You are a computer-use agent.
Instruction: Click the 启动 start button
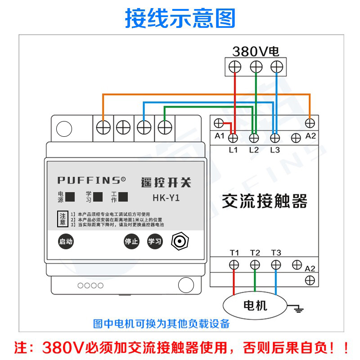tap(66, 241)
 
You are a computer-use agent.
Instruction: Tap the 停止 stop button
tap(131, 241)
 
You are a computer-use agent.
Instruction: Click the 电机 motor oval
tap(255, 306)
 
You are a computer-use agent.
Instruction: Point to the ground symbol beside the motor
tap(297, 308)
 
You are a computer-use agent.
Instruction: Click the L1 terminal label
tap(233, 150)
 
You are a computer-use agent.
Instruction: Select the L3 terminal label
tap(275, 150)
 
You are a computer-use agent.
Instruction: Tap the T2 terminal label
tap(255, 253)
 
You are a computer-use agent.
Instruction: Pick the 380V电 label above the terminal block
tap(256, 51)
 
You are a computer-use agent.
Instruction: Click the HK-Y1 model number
tap(166, 198)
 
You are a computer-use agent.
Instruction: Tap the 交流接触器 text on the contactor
tap(265, 201)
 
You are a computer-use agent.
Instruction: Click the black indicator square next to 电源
tap(70, 197)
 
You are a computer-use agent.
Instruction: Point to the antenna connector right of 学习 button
tap(179, 242)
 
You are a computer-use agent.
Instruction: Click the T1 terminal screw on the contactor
tap(234, 265)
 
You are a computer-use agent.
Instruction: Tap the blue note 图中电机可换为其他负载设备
tap(161, 324)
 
